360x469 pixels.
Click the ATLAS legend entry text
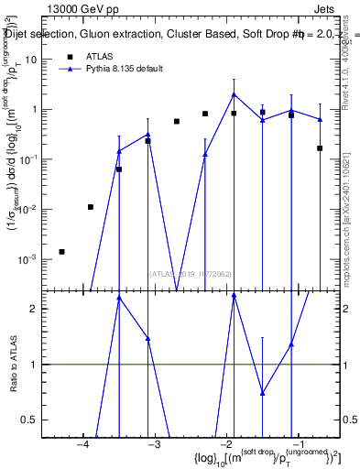(x=100, y=57)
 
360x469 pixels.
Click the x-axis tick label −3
(x=153, y=444)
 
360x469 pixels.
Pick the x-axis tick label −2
(x=224, y=444)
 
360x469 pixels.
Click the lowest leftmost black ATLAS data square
(x=61, y=251)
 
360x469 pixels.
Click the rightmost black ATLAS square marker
(x=320, y=147)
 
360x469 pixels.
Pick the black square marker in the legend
(x=70, y=57)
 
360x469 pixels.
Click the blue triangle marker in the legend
(x=70, y=70)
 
